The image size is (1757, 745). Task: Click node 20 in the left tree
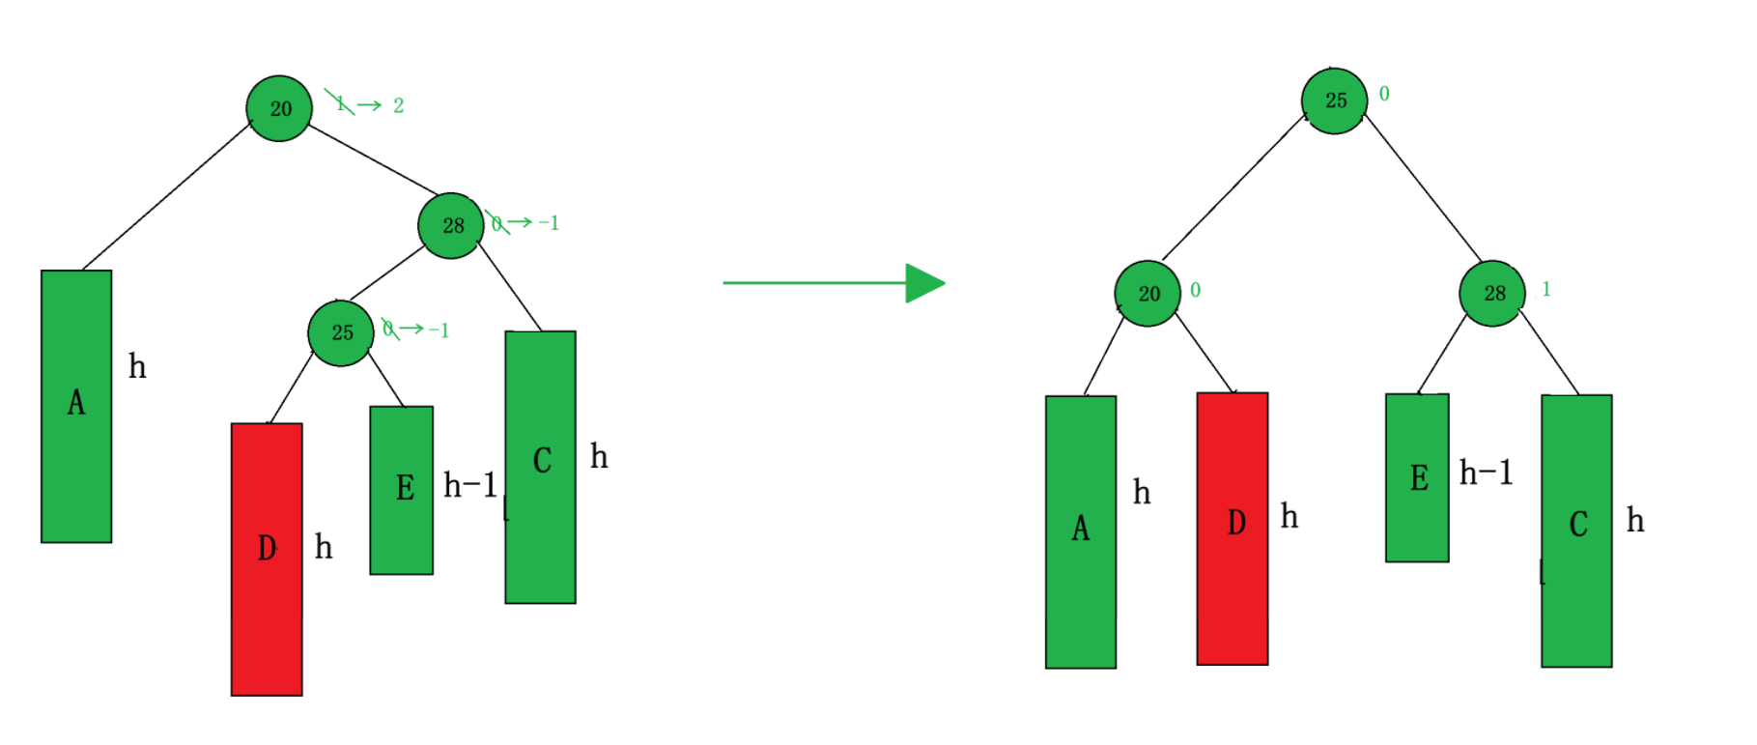[x=279, y=108]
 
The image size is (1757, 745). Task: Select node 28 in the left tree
[x=451, y=225]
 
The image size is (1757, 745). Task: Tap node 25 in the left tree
[x=341, y=332]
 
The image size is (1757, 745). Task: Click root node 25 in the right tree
[x=1334, y=100]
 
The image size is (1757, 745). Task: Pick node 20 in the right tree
[x=1148, y=293]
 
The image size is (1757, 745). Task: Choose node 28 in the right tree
[x=1492, y=293]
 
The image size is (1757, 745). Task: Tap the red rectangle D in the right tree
[x=1233, y=528]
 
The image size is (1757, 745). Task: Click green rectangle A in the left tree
[x=76, y=406]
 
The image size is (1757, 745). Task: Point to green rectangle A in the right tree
[x=1081, y=531]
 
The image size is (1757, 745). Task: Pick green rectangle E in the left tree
[x=402, y=490]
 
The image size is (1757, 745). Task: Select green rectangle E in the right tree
[x=1417, y=477]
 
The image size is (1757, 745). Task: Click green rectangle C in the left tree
[x=541, y=467]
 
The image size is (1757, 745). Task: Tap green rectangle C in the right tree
[x=1576, y=530]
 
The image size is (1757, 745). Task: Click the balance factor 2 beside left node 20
[x=398, y=105]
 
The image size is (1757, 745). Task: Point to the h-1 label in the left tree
[x=470, y=485]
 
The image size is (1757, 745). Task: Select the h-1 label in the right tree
[x=1487, y=473]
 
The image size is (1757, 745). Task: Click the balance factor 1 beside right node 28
[x=1546, y=289]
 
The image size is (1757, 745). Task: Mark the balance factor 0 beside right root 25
[x=1384, y=94]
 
